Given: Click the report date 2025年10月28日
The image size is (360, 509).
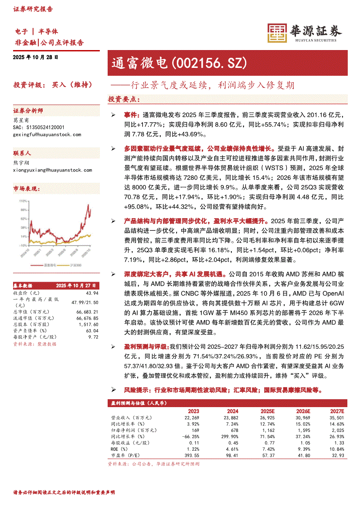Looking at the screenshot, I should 35,57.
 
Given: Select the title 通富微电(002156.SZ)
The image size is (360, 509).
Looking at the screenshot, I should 178,63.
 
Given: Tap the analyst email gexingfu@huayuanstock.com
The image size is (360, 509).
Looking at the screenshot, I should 47,135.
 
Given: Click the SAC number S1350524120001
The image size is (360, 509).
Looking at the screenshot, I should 39,127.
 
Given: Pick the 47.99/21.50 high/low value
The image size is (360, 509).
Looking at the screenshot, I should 87,302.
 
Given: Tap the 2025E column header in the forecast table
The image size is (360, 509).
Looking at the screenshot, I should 267,411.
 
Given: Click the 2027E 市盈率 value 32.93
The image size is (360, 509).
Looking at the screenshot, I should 337,455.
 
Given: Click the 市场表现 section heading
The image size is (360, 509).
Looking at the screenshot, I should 27,189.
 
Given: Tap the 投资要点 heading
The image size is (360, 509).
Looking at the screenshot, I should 124,99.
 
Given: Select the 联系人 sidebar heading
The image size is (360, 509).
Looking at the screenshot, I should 22,153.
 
